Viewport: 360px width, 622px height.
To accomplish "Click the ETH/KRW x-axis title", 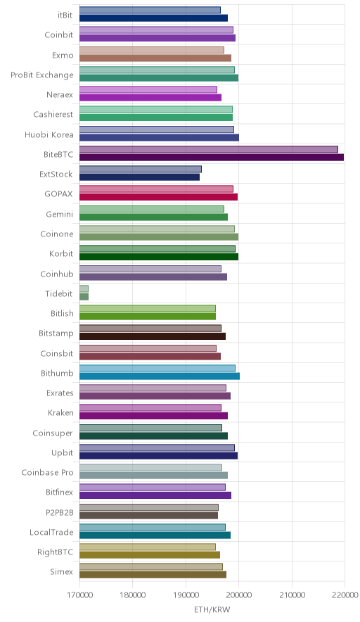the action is pos(212,610).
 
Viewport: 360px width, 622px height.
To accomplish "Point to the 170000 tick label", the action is pos(79,595).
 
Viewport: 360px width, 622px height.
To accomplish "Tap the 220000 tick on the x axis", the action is pos(345,595).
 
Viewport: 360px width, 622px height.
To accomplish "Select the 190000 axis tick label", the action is pos(186,595).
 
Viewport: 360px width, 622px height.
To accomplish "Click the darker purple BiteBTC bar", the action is pos(212,158).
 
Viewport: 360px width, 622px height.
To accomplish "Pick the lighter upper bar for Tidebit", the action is pos(84,288).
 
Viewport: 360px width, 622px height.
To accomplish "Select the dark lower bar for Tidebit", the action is pos(84,297).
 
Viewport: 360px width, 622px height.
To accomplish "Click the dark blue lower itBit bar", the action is pos(153,18).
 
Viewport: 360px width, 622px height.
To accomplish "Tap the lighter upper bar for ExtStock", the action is pos(141,170).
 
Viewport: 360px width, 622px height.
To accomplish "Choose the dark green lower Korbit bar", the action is pos(159,257).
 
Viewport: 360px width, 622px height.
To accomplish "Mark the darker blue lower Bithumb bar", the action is pos(160,376).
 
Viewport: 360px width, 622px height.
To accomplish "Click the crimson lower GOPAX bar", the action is pos(159,197).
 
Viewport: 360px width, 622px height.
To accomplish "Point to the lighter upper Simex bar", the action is pos(151,567).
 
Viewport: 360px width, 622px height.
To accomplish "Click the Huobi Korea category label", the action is pos(49,135).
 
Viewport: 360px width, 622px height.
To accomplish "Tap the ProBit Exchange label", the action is pos(42,75).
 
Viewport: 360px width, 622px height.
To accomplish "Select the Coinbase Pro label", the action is pos(47,472).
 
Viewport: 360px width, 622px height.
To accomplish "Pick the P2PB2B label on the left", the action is pos(60,512).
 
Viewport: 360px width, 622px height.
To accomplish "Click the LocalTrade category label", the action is pos(51,533).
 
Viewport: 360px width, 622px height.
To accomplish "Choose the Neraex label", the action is pos(60,95).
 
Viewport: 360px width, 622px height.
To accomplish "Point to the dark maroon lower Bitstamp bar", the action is pos(153,336).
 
